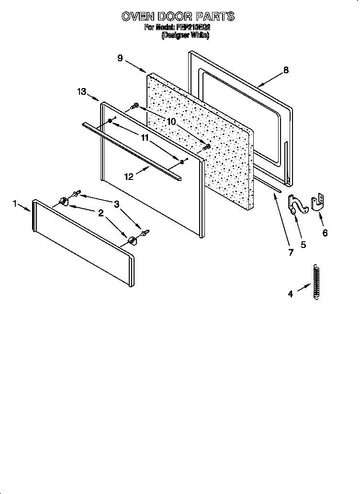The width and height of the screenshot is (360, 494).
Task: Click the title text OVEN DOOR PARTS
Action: pos(178,17)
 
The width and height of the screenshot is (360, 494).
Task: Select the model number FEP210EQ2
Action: pos(190,28)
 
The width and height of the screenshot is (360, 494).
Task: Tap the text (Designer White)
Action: pos(185,35)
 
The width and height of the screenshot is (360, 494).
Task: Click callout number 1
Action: pos(15,204)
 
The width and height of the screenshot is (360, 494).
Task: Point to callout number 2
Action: pos(101,213)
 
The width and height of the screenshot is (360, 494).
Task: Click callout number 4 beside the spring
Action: pos(290,294)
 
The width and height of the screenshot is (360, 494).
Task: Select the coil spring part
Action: pos(315,282)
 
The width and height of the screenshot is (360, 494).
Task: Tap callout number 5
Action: pos(303,245)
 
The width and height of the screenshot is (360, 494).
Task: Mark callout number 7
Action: pos(291,253)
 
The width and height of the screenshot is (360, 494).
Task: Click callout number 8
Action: pos(286,70)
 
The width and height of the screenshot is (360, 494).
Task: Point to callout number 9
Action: pos(120,58)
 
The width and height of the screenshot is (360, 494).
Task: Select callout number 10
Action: pos(171,122)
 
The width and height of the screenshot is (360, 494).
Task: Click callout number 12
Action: pos(128,177)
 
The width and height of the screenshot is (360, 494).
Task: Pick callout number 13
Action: pos(81,91)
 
